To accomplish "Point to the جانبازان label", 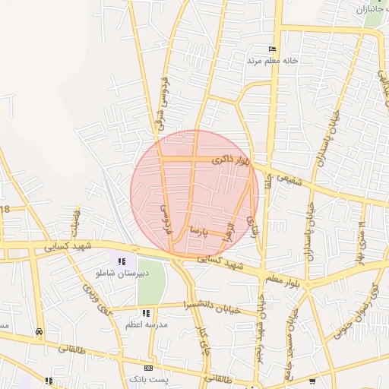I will tap(372, 9).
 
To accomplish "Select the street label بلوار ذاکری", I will tap(230, 160).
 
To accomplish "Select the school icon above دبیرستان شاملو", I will tap(122, 261).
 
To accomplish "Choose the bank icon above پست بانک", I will tap(148, 368).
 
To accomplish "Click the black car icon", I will tap(39, 332).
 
